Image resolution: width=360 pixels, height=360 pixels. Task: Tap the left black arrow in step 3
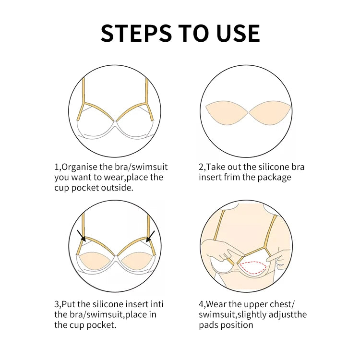81,236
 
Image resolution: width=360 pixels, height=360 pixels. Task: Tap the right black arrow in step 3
151,236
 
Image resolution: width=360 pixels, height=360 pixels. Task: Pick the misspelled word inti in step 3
156,304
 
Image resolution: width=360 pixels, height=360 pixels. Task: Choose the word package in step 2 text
275,178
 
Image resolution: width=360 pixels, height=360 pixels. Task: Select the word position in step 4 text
236,325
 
